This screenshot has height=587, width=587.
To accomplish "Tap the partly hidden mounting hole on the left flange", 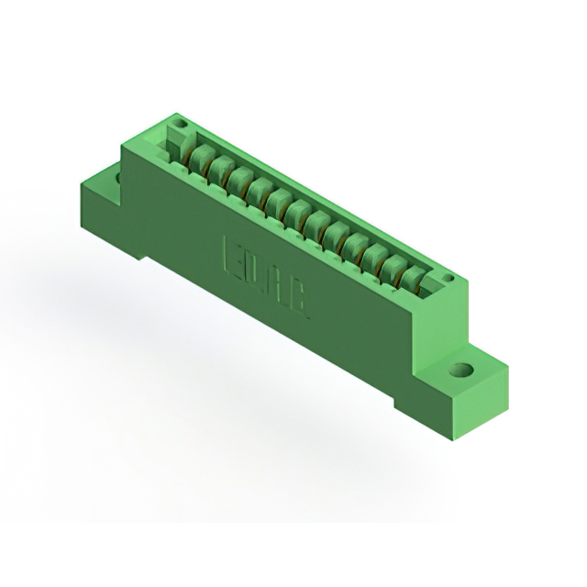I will point(118,175).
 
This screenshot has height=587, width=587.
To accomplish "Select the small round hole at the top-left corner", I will point(181,124).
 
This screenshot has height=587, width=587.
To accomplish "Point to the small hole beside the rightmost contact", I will point(448,278).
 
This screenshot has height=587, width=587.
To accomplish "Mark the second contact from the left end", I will point(218,165).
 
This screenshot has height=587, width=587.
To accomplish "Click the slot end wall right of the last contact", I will point(435,284).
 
